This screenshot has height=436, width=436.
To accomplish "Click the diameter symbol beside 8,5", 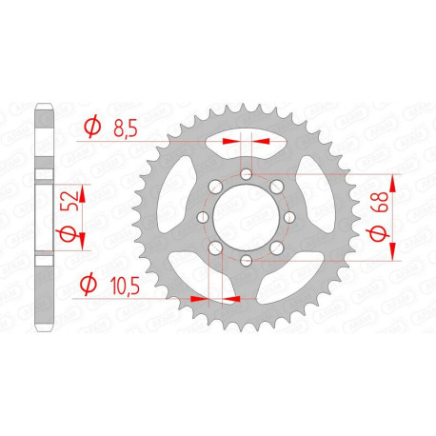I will (x=93, y=125).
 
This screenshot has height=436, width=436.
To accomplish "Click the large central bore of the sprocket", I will (x=246, y=218).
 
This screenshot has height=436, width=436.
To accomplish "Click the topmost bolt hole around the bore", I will (x=246, y=175).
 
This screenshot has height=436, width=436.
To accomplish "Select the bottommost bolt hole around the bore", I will (x=246, y=260).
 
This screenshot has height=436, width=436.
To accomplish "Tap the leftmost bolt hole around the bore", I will (x=203, y=218).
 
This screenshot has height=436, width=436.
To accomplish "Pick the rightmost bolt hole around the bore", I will (x=288, y=218).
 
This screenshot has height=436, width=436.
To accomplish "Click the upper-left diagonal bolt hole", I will (x=215, y=188).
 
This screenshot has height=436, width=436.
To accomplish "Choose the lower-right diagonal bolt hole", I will (x=276, y=248).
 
